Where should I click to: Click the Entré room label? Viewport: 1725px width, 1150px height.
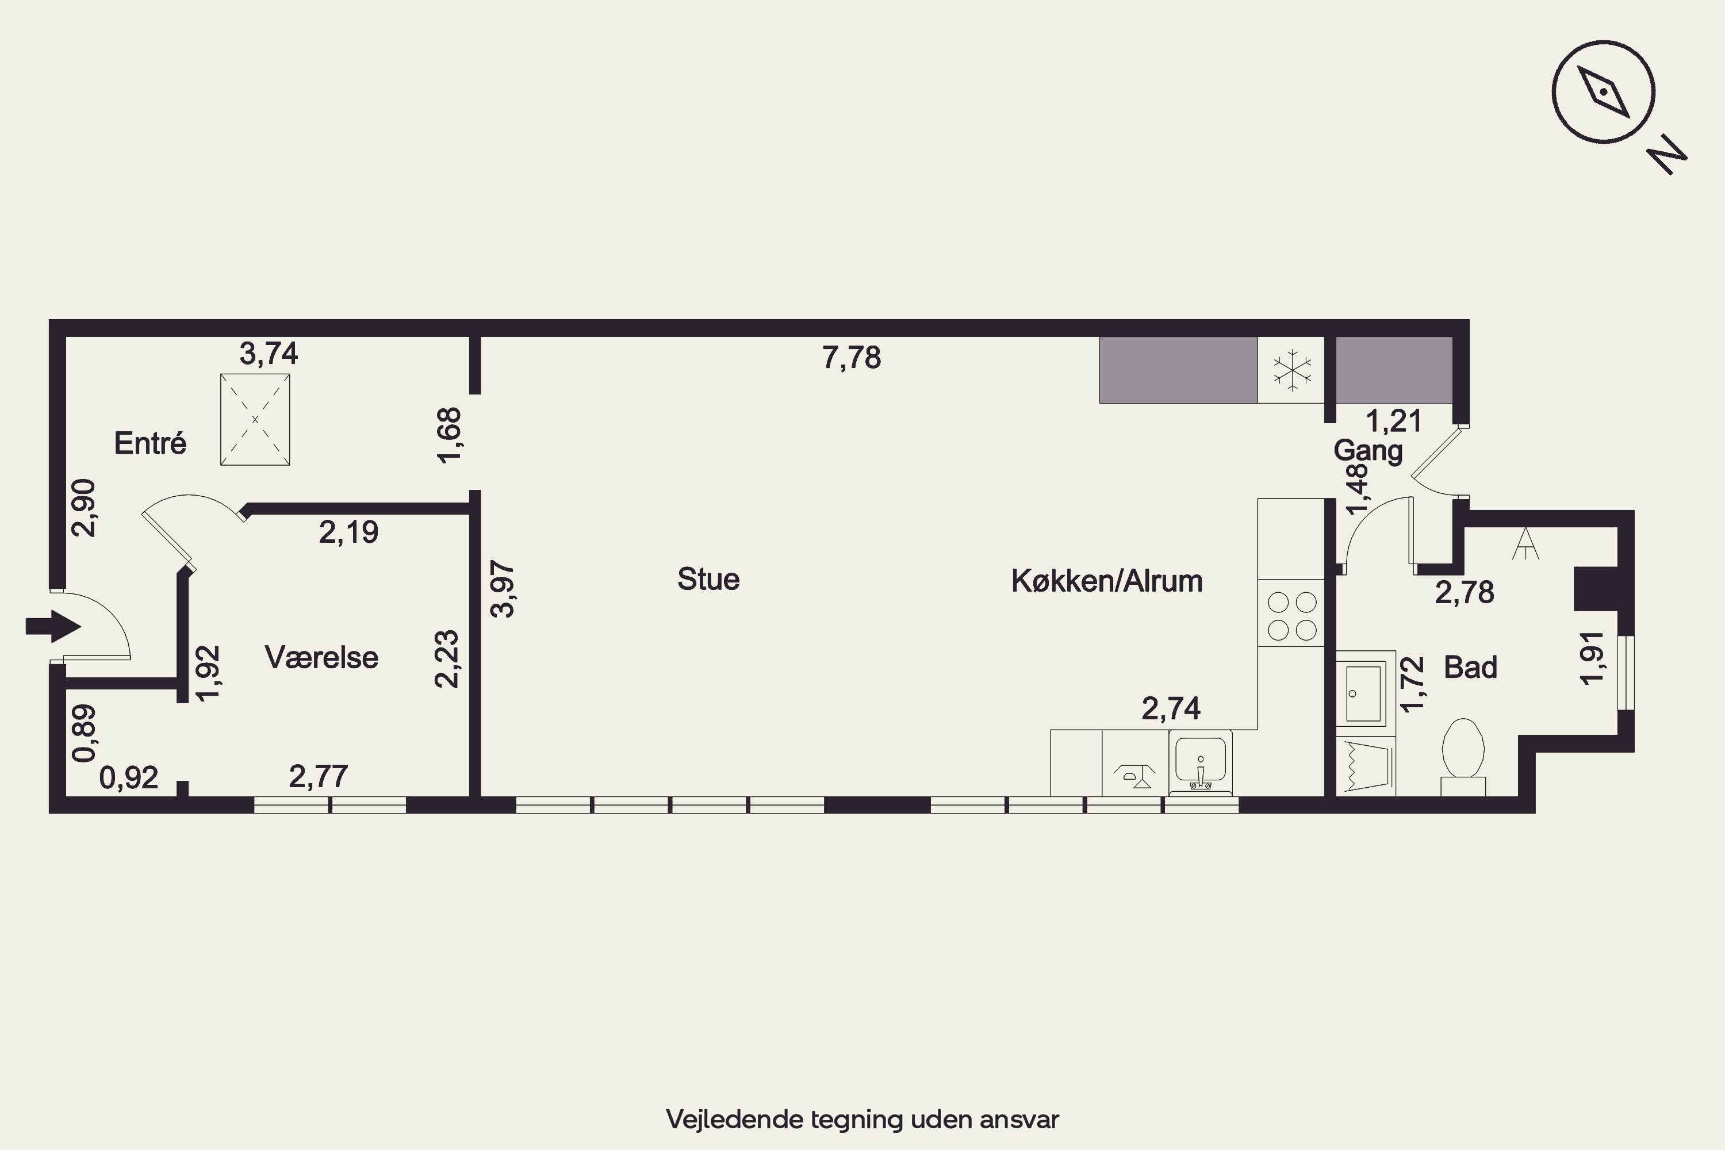click(x=150, y=443)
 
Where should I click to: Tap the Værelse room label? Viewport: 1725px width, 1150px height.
click(x=321, y=657)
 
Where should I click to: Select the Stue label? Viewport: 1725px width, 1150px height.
click(x=708, y=580)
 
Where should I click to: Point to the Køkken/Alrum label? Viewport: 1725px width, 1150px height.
click(x=1107, y=581)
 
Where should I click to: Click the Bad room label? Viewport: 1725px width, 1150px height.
click(x=1470, y=668)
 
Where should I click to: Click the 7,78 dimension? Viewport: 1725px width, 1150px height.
click(x=852, y=357)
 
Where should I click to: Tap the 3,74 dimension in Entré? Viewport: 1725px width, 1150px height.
click(x=269, y=354)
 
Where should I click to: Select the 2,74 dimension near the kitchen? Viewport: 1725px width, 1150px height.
click(x=1171, y=708)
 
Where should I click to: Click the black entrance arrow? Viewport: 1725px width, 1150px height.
click(x=53, y=626)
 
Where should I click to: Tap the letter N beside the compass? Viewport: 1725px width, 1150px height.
click(x=1667, y=155)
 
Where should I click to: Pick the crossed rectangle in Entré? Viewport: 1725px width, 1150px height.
click(x=255, y=420)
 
